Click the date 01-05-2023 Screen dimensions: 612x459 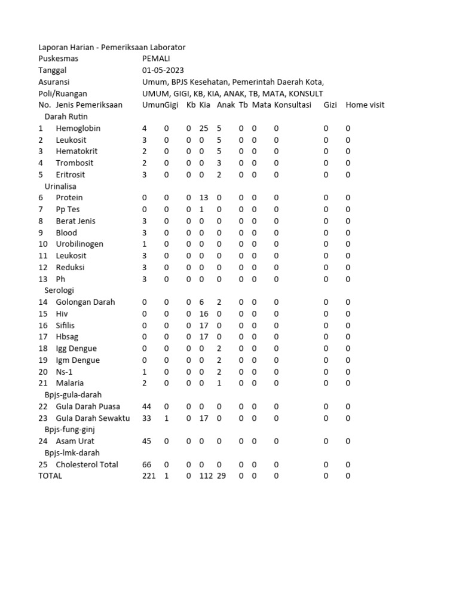click(163, 70)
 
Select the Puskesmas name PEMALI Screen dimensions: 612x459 click(156, 59)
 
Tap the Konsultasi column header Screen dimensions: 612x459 click(293, 105)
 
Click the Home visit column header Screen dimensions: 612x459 click(365, 105)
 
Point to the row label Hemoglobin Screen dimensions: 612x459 click(78, 128)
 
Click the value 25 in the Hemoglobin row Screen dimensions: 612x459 click(204, 128)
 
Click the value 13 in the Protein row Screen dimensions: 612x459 click(204, 198)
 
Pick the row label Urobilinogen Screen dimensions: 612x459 click(79, 244)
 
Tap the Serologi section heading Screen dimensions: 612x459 click(59, 290)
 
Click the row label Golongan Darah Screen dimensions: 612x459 click(85, 302)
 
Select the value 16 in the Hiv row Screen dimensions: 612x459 click(204, 314)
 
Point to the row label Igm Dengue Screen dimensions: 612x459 click(78, 360)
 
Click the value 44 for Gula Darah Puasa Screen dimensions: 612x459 click(146, 407)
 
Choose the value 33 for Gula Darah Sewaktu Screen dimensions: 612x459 click(146, 418)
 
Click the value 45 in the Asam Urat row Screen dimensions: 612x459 click(146, 442)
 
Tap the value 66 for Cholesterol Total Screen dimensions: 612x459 click(146, 465)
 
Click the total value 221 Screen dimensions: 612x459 click(149, 476)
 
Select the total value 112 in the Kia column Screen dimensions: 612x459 click(206, 476)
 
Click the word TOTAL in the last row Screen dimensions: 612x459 click(50, 476)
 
